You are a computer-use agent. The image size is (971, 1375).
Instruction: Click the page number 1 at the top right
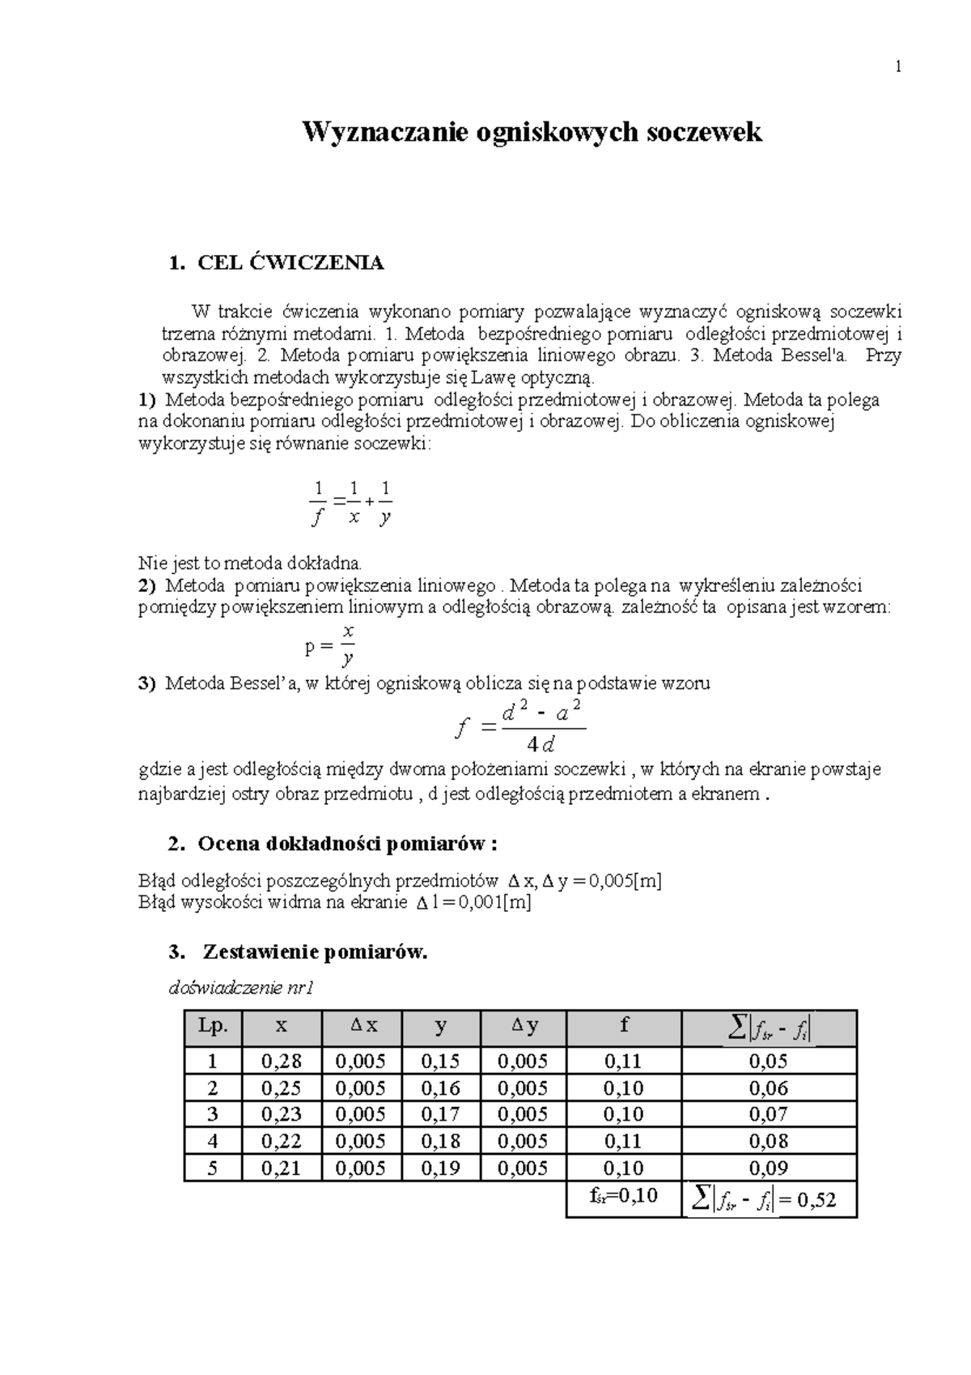(897, 68)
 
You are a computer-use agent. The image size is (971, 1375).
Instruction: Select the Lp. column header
(213, 1026)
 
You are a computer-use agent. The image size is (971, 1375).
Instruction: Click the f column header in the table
(623, 1026)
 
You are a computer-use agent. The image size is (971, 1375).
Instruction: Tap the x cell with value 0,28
(281, 1061)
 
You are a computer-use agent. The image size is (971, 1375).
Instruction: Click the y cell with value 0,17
(440, 1114)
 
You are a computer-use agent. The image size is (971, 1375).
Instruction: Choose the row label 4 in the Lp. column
(213, 1141)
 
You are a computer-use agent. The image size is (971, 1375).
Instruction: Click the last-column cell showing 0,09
(768, 1168)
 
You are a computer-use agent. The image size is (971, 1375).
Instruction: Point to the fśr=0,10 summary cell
(623, 1195)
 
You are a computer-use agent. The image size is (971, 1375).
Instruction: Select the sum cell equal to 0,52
(768, 1200)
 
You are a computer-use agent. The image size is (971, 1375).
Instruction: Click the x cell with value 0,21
(281, 1168)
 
